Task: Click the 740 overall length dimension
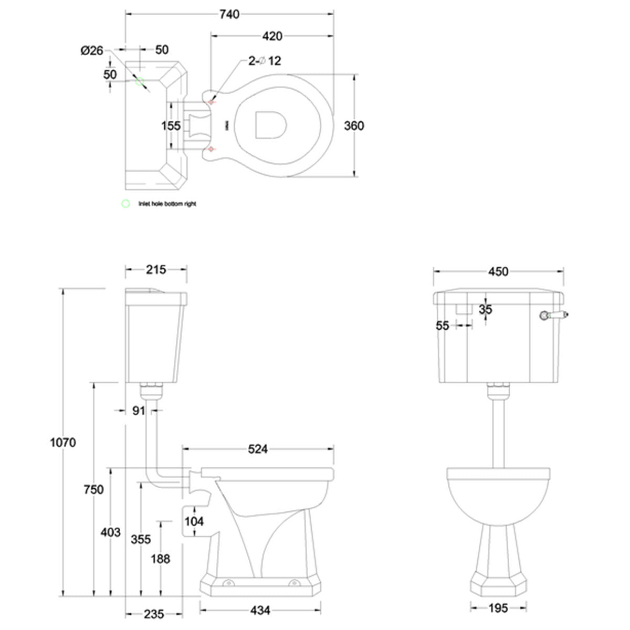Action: pos(229,14)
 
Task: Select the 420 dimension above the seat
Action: pos(272,36)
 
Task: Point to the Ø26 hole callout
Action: pos(91,50)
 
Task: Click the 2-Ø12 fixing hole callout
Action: pos(265,61)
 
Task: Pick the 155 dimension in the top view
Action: pos(171,126)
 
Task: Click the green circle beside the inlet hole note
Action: pos(125,204)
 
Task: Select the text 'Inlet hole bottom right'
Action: pos(167,204)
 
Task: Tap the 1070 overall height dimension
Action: pos(63,442)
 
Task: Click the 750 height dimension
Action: pos(93,489)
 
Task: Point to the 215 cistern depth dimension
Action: pos(155,269)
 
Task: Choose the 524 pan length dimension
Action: pos(258,449)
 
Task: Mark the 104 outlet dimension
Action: pos(195,521)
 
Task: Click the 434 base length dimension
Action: pos(260,611)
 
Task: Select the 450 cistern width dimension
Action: pos(498,271)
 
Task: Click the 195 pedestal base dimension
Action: pos(498,608)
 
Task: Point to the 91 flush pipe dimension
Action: pos(138,411)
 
